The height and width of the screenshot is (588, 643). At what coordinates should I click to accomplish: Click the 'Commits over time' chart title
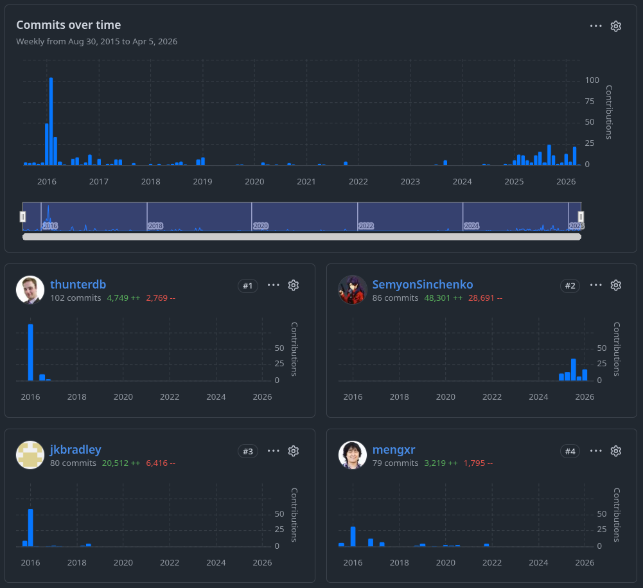point(68,25)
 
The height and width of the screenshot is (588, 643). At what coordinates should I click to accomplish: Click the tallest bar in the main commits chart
point(51,121)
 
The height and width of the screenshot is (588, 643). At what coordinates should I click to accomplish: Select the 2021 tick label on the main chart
point(306,182)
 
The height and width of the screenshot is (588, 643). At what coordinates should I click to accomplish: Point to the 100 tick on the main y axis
point(592,80)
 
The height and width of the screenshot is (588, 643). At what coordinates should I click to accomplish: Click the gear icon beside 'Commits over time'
point(615,26)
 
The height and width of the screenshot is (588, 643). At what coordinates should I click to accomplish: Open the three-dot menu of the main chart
point(595,26)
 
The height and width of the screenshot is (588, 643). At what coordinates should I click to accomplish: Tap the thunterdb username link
point(78,285)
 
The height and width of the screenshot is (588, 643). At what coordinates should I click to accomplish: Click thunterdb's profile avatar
point(30,290)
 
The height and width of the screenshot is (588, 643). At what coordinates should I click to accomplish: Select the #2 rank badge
point(570,285)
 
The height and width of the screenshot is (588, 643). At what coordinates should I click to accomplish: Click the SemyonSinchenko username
point(422,285)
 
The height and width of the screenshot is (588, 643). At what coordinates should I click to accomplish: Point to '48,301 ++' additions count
point(443,298)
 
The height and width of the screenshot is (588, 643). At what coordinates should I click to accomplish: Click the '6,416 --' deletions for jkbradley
point(160,463)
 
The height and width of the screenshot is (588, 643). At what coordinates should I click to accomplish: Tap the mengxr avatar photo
point(353,456)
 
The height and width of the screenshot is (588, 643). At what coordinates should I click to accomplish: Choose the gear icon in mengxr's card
point(615,451)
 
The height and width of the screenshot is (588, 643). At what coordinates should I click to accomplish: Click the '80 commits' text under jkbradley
point(73,463)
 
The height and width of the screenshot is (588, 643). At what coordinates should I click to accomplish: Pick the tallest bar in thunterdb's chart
point(30,352)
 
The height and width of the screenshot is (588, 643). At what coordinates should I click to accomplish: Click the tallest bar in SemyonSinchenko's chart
point(574,370)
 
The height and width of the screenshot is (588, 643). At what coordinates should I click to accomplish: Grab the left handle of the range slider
point(23,217)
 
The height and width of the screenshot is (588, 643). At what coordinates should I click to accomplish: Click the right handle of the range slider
point(581,217)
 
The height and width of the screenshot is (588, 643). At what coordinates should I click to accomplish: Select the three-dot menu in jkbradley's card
point(274,451)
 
